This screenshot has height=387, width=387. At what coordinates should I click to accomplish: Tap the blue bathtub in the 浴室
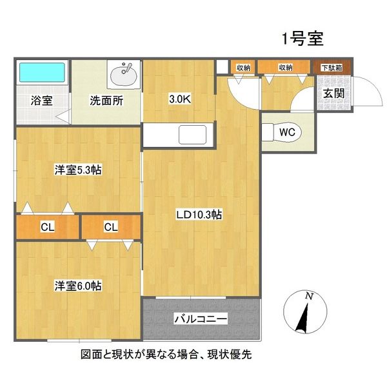click(x=41, y=73)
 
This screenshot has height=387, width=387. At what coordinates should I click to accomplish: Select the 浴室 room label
click(x=41, y=102)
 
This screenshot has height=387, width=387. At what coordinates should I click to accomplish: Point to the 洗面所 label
click(x=105, y=101)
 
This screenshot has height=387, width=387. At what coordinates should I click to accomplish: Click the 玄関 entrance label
click(x=333, y=94)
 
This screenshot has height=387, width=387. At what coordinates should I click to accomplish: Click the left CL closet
click(x=47, y=227)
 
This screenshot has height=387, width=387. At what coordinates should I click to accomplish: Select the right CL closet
click(x=111, y=227)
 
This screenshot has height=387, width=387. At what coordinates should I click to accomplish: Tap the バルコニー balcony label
click(x=201, y=319)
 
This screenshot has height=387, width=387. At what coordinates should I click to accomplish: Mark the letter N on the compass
click(x=310, y=297)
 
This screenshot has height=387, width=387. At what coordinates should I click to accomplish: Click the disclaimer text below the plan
click(x=193, y=355)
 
